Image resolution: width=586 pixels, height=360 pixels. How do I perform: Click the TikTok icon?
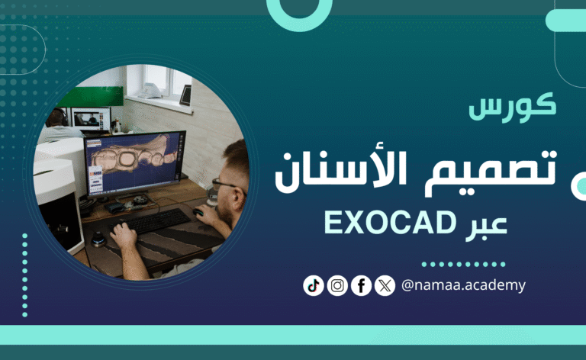click(313, 285)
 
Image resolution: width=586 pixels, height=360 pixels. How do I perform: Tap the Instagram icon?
click(337, 285)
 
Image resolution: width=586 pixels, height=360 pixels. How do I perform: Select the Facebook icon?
click(361, 285)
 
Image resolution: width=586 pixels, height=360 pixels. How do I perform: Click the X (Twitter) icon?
click(385, 285)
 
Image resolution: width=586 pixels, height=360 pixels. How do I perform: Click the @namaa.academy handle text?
click(463, 285)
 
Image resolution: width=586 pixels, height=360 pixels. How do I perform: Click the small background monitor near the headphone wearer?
click(90, 119)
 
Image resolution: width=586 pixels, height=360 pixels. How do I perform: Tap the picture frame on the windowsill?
click(185, 95)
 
